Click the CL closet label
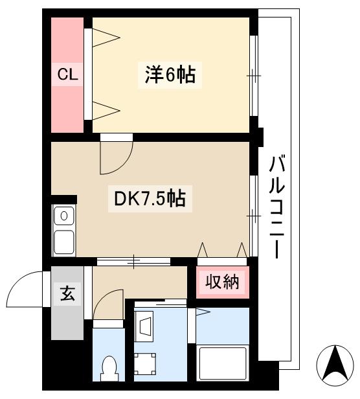[x=67, y=74]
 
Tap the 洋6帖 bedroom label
[x=169, y=75]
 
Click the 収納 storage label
[x=222, y=282]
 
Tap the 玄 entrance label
[x=67, y=293]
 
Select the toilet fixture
[x=109, y=370]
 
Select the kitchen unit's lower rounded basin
[x=64, y=242]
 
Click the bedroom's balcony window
[x=253, y=76]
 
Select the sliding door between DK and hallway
[x=134, y=261]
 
